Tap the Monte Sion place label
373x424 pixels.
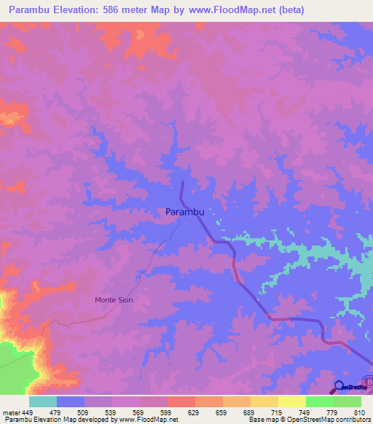click(114, 299)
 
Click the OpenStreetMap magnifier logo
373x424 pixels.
click(339, 386)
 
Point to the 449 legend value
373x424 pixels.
click(28, 412)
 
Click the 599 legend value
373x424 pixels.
click(167, 412)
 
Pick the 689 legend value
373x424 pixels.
click(250, 412)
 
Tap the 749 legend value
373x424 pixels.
click(305, 412)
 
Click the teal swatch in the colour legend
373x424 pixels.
click(42, 401)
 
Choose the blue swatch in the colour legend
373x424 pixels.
click(70, 401)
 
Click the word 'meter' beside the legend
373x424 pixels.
click(10, 412)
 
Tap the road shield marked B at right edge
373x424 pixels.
click(369, 381)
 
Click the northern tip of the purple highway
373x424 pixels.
click(181, 182)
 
